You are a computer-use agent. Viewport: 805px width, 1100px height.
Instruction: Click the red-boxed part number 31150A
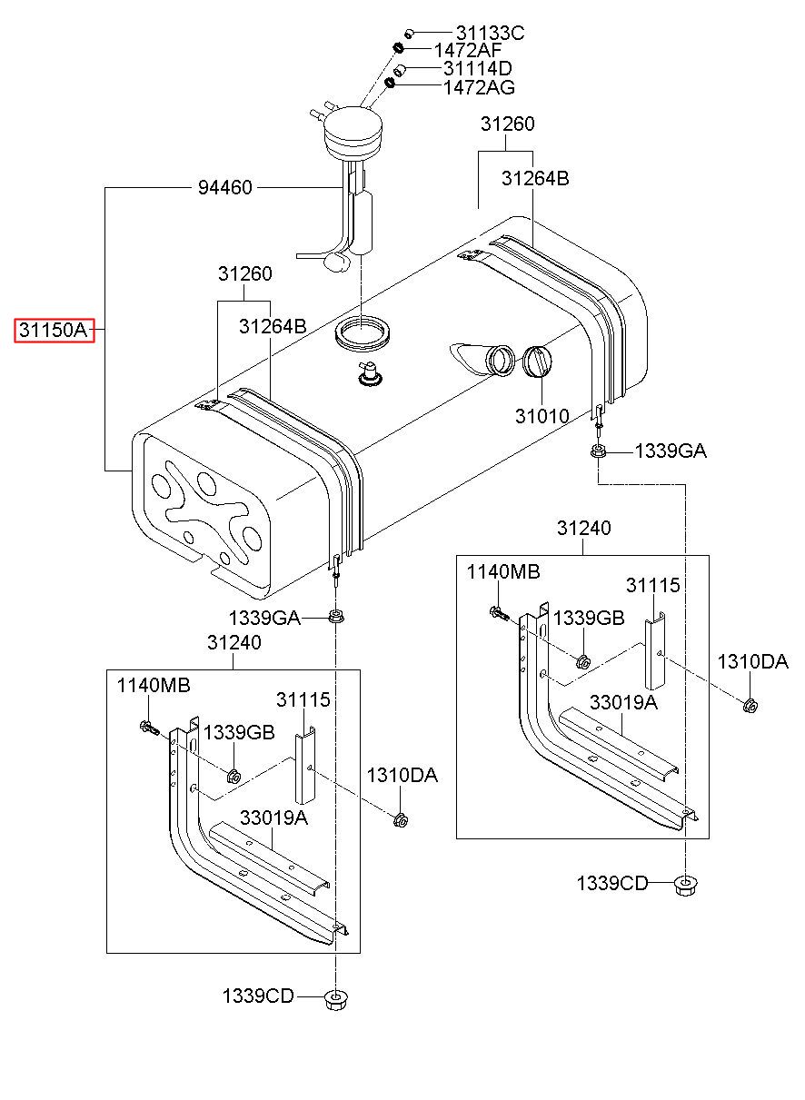(54, 330)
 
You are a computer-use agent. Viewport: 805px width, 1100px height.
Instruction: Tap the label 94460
(225, 188)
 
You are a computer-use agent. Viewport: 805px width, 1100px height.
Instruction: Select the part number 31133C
(490, 34)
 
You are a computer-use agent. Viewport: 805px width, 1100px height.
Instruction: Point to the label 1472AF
(468, 50)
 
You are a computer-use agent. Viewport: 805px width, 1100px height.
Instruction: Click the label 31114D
(477, 68)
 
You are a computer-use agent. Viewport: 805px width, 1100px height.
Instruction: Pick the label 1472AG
(479, 87)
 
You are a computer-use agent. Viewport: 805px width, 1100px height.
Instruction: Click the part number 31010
(542, 416)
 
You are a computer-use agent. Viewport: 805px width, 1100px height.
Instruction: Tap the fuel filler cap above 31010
(536, 362)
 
